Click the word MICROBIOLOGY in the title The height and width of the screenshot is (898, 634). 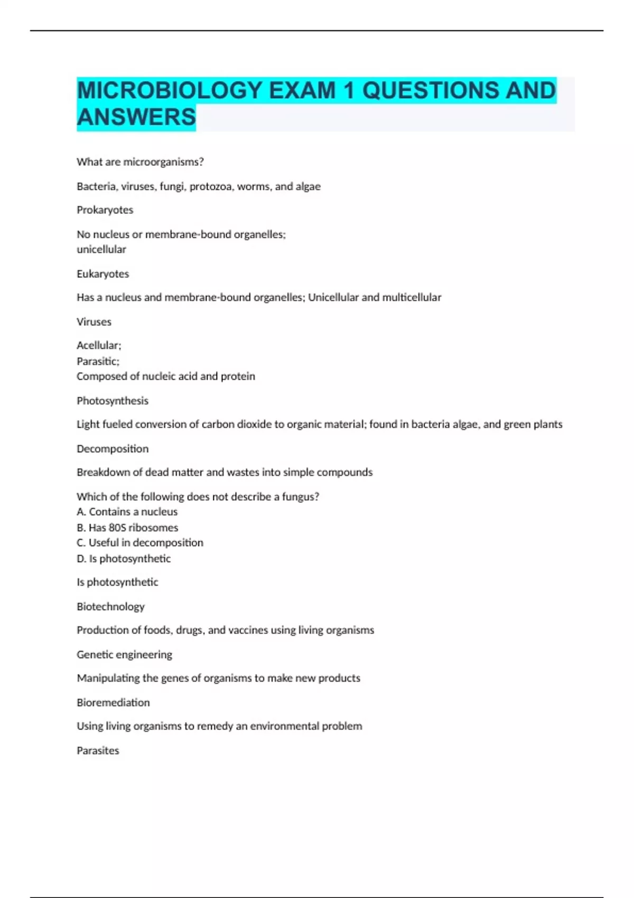pyautogui.click(x=169, y=90)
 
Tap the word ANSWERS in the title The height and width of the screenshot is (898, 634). pyautogui.click(x=136, y=117)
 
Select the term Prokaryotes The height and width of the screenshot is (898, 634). pyautogui.click(x=105, y=210)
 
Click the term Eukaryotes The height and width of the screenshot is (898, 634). pyautogui.click(x=102, y=274)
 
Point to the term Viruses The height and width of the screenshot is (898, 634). pyautogui.click(x=94, y=322)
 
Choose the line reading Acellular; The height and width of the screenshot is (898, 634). pyautogui.click(x=99, y=345)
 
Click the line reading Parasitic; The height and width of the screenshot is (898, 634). pyautogui.click(x=98, y=361)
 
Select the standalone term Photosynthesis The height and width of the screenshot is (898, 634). pyautogui.click(x=113, y=400)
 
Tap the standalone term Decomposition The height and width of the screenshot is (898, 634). pyautogui.click(x=113, y=448)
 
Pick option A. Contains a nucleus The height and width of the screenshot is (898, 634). pyautogui.click(x=127, y=512)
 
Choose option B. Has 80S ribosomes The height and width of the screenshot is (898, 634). pyautogui.click(x=127, y=527)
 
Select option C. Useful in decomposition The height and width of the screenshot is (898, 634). pyautogui.click(x=140, y=542)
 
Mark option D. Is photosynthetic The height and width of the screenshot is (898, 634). pyautogui.click(x=124, y=558)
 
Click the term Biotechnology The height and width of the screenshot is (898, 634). pyautogui.click(x=110, y=606)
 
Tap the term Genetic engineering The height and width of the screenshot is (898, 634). pyautogui.click(x=124, y=654)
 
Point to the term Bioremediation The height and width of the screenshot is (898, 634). pyautogui.click(x=113, y=703)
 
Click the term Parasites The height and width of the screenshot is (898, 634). pyautogui.click(x=98, y=751)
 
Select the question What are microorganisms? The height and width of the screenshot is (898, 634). pyautogui.click(x=140, y=162)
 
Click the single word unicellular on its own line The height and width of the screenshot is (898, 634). pyautogui.click(x=101, y=249)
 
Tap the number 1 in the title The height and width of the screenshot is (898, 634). pyautogui.click(x=349, y=90)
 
